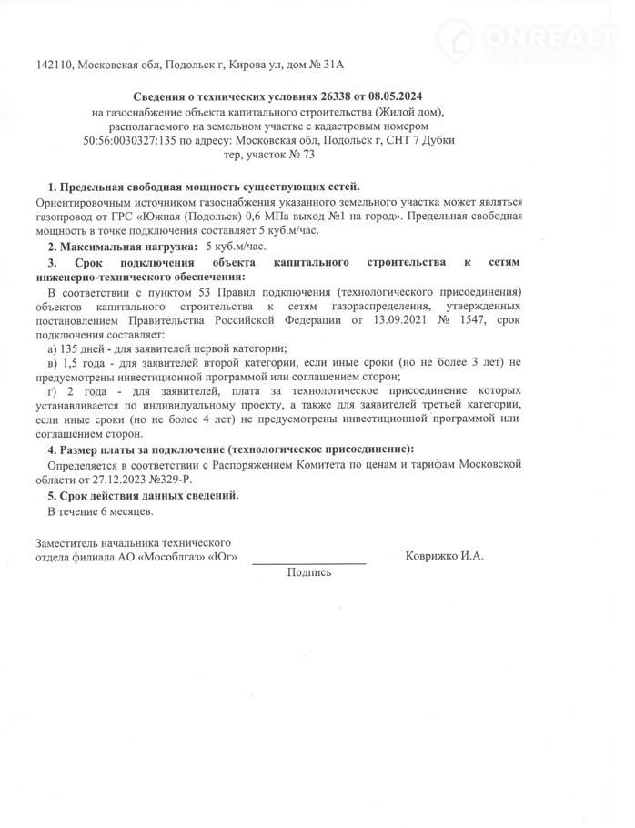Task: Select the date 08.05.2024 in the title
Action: [x=394, y=96]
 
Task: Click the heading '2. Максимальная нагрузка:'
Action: [x=122, y=246]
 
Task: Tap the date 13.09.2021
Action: [x=398, y=319]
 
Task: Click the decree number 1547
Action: [x=474, y=319]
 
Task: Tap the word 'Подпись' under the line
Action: [x=309, y=572]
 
